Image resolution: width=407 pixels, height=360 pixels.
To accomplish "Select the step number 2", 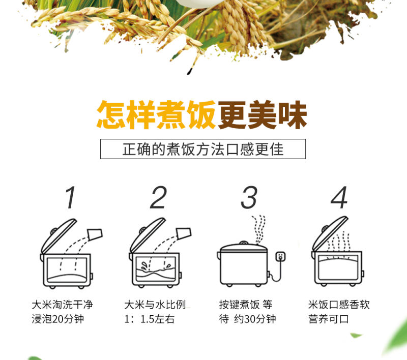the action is [158, 197].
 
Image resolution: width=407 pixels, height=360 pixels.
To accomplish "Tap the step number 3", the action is [249, 197].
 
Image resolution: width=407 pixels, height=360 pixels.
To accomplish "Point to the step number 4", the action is [339, 197].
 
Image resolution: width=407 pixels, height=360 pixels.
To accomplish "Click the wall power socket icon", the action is [280, 257].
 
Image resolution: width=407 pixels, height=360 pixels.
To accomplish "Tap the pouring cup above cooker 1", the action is [95, 234].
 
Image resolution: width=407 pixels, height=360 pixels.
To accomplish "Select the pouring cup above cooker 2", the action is [184, 233].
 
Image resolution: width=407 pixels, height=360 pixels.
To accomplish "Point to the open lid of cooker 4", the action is [330, 233].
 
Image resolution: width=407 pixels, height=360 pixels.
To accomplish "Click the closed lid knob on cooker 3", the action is [244, 243].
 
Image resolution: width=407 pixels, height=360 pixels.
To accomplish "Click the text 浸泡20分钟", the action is [57, 319].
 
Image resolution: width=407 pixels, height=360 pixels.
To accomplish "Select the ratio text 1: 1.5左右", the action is [149, 319].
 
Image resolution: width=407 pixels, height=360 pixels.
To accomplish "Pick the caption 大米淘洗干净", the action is [62, 305].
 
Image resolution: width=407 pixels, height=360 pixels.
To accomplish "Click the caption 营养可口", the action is [328, 319].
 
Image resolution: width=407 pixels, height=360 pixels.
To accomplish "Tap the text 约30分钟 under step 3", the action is [255, 319].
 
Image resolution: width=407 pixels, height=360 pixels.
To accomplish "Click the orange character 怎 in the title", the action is [111, 114].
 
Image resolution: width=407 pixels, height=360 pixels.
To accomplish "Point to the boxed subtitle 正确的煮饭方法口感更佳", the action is [203, 149].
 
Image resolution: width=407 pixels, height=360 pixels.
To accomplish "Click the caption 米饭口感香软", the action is [339, 305].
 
